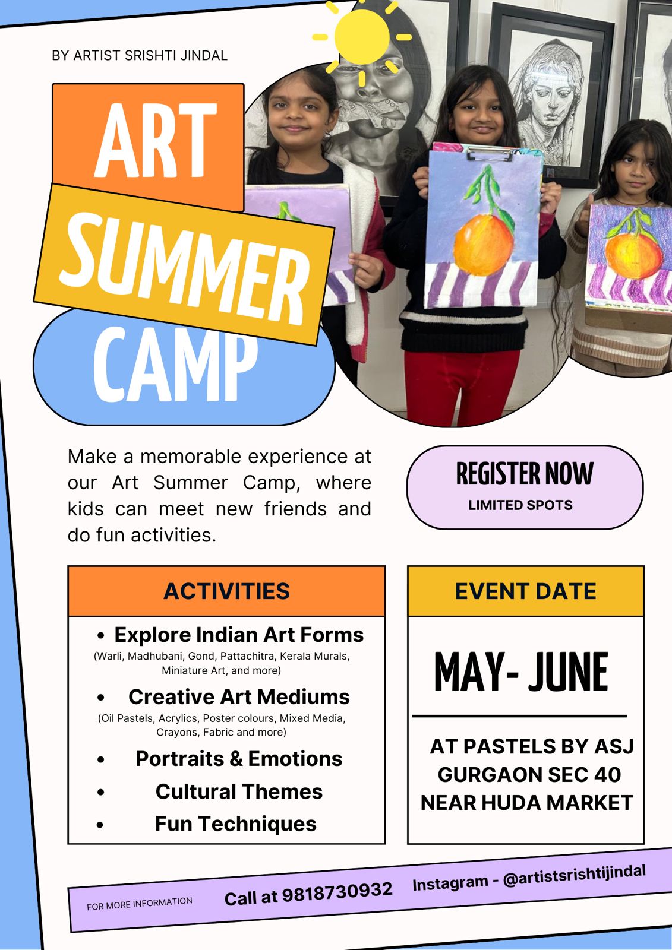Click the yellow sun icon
[361, 37]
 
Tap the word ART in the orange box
[155, 141]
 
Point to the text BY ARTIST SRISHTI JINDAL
[140, 56]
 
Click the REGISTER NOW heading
[525, 474]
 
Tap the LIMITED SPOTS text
[520, 505]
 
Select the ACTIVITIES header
[226, 591]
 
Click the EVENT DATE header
[525, 591]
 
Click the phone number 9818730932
[337, 892]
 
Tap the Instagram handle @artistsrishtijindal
[574, 875]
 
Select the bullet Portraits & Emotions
[239, 759]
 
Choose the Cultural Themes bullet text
[239, 791]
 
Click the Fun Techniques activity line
[236, 824]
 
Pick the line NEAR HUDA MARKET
[526, 803]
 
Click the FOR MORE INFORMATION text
[140, 903]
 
